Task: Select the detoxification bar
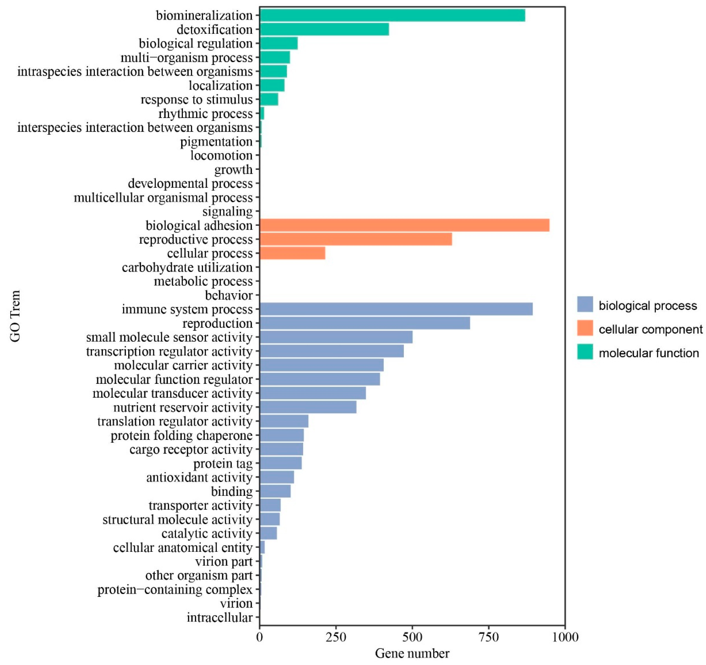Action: click(324, 29)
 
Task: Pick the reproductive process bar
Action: click(356, 239)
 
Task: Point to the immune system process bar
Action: click(396, 309)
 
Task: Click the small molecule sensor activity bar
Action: click(336, 337)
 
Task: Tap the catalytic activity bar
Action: click(268, 533)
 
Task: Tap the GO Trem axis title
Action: click(15, 316)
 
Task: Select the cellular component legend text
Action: click(650, 329)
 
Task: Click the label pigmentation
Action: click(216, 141)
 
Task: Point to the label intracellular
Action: click(220, 617)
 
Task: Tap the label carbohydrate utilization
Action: click(187, 267)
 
